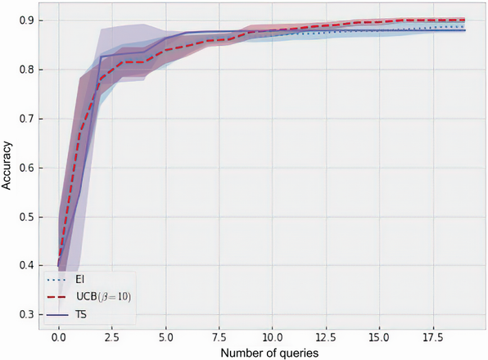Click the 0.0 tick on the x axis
tap(58, 335)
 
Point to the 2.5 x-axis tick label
tap(111, 335)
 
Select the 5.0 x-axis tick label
tap(165, 335)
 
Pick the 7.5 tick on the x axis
tap(219, 335)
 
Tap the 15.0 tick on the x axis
tap(379, 335)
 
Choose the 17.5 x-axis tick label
tap(432, 335)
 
